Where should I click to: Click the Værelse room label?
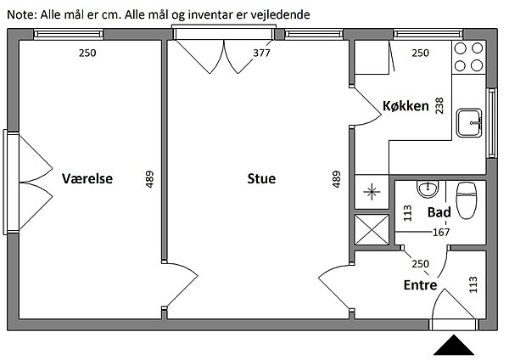tap(87, 178)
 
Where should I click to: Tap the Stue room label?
tap(261, 178)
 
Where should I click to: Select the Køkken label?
tap(406, 106)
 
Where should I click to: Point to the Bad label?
tap(439, 212)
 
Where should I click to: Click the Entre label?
tap(420, 285)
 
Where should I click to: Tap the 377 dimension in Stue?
tap(261, 53)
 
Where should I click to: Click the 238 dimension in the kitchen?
tap(439, 105)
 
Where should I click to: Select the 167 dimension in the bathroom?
tap(441, 232)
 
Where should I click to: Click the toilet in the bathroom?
tap(467, 200)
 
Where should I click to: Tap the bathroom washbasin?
tap(428, 189)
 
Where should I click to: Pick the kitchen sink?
tap(469, 123)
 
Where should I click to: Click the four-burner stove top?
tap(469, 57)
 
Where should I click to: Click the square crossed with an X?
tap(372, 229)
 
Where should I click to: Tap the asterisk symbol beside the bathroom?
tap(372, 192)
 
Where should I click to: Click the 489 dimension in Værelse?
tap(149, 179)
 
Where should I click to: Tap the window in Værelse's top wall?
tap(69, 34)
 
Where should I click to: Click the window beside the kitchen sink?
tap(492, 123)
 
